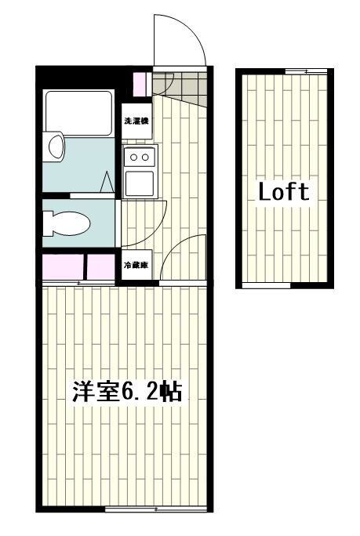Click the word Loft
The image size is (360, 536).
point(284,192)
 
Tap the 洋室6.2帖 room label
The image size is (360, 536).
point(127,392)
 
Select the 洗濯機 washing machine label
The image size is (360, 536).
point(136,122)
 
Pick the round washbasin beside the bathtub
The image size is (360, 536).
point(55,147)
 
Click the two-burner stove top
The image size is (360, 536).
point(140,158)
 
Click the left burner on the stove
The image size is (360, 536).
point(134,158)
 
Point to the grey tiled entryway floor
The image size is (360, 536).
point(178,85)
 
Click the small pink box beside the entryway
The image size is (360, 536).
point(142,82)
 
